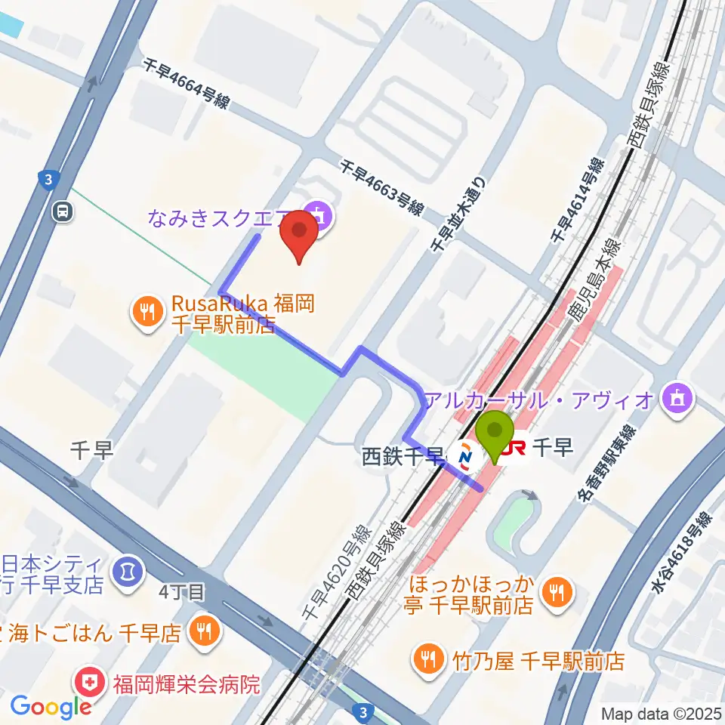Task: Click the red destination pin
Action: [x=299, y=233]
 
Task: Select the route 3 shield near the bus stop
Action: [x=48, y=180]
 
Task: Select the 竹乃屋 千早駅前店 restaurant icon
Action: [x=427, y=660]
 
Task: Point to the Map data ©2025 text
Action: [x=660, y=714]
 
